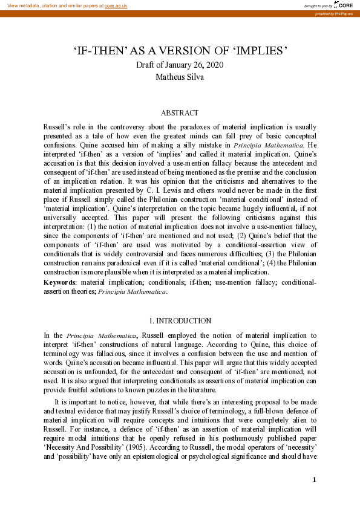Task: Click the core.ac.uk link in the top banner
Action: click(x=116, y=5)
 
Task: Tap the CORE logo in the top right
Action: click(x=345, y=4)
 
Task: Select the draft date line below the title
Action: click(x=180, y=65)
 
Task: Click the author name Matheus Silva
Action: click(x=180, y=77)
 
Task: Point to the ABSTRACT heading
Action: click(x=180, y=113)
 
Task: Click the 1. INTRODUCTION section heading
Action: click(x=180, y=320)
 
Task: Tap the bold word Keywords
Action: click(x=59, y=282)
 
